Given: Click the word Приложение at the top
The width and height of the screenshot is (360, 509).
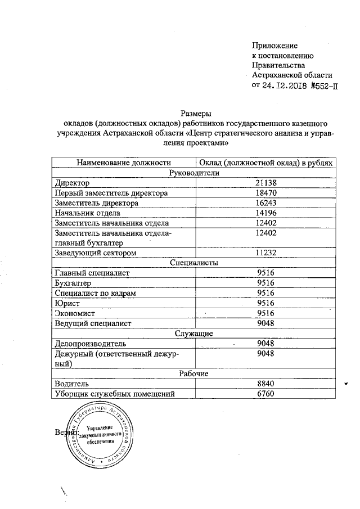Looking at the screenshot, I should click(x=274, y=45).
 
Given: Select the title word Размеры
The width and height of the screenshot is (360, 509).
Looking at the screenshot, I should click(x=194, y=112).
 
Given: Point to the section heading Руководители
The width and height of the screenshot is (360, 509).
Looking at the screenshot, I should click(x=194, y=173).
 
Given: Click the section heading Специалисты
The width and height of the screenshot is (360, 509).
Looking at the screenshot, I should click(x=194, y=263).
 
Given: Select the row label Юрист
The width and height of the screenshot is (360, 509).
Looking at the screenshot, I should click(x=65, y=303).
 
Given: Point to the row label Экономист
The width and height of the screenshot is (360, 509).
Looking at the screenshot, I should click(x=75, y=313).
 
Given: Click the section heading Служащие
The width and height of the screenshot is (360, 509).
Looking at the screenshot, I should click(x=194, y=334).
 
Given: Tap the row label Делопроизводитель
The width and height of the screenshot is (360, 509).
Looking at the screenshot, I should click(x=91, y=344).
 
